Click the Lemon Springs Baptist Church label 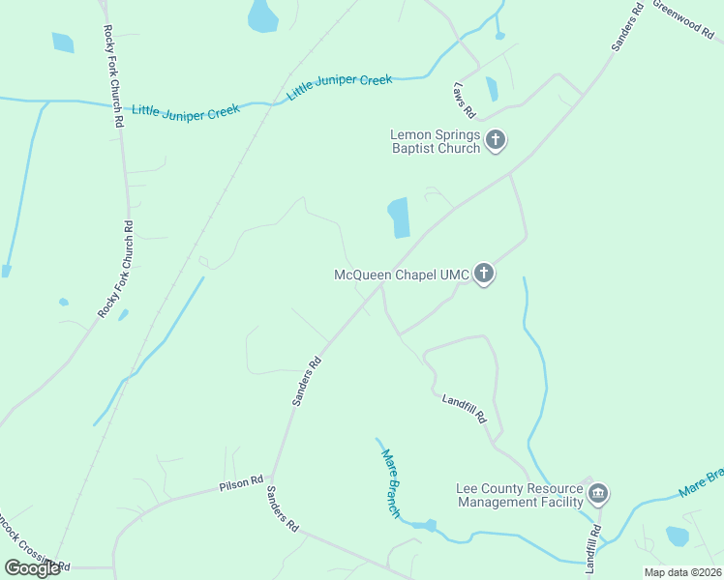435,141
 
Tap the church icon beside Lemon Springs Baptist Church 496,141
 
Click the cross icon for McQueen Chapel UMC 484,275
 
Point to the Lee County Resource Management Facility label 520,495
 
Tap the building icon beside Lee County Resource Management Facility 598,495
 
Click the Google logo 32,568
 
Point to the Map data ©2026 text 682,572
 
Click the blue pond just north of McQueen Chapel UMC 399,217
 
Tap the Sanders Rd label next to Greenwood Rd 627,28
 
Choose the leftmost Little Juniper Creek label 186,111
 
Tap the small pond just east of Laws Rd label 492,89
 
